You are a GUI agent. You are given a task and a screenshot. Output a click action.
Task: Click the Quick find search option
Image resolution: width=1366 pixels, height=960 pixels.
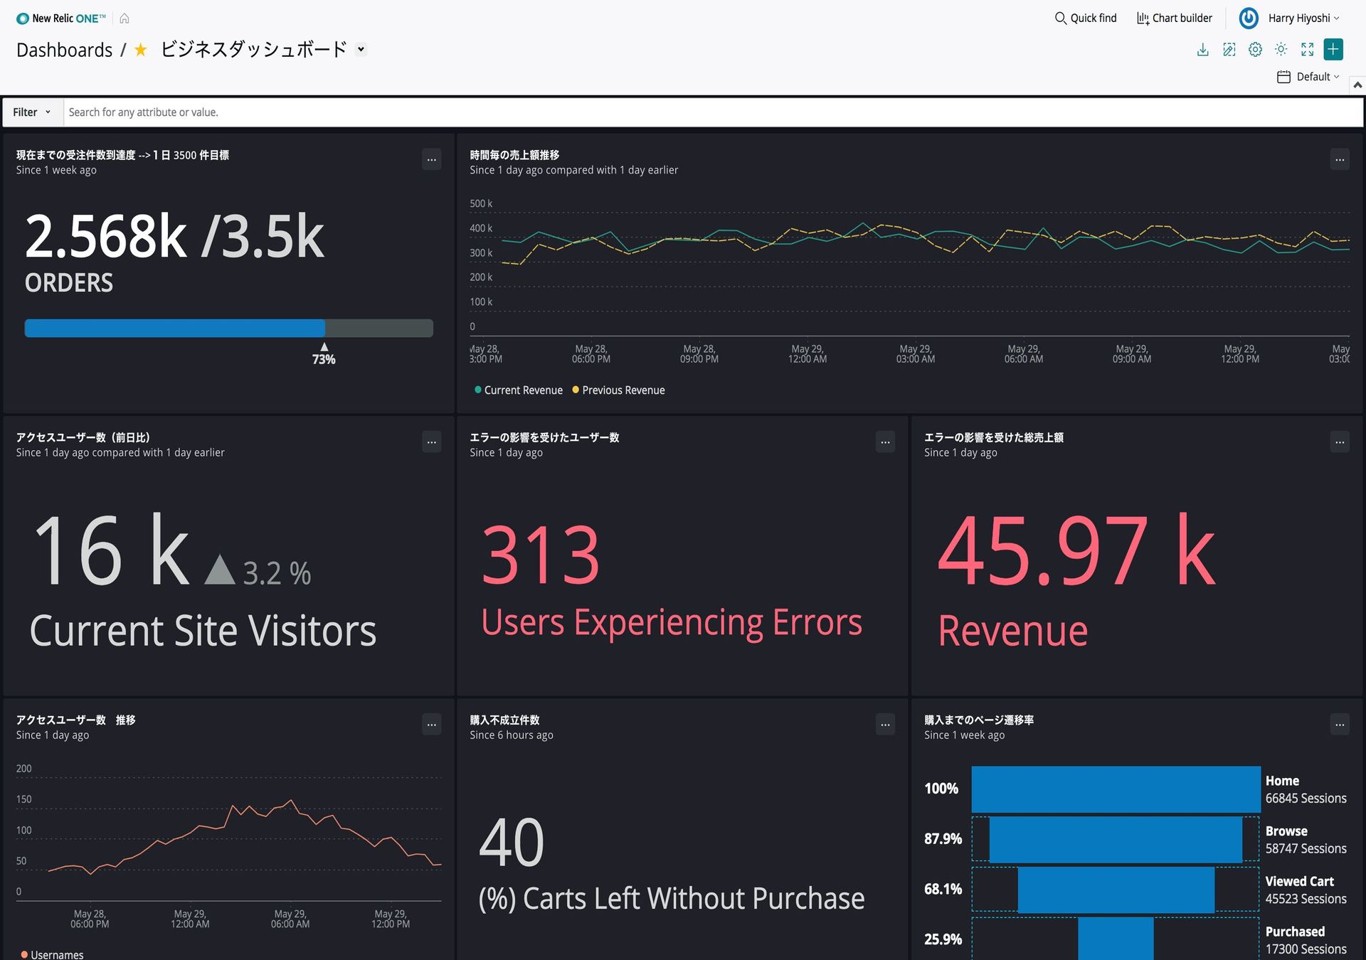coord(1086,18)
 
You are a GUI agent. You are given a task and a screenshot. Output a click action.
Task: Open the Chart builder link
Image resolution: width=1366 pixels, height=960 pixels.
coord(1175,18)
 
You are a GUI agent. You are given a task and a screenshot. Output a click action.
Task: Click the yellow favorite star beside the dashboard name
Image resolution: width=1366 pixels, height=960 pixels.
coord(141,50)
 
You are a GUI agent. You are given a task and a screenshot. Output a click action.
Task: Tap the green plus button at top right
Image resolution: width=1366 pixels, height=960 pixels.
coord(1333,49)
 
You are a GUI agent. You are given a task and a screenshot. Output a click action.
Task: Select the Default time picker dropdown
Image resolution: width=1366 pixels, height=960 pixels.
coord(1308,77)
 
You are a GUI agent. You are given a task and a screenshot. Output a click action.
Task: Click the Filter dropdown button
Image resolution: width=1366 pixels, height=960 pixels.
coord(32,112)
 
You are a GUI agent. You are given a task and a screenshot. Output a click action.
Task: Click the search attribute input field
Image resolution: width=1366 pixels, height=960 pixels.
coord(711,112)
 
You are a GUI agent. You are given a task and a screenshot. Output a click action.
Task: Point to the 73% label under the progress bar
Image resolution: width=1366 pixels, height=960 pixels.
coord(324,359)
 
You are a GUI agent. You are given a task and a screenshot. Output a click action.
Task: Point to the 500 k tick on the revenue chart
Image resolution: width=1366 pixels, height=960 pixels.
coord(481,204)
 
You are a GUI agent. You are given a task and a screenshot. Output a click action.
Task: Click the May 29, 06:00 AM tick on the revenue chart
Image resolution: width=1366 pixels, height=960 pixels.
coord(1023,354)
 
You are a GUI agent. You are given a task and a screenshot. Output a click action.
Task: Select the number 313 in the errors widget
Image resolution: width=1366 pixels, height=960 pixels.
coord(541,555)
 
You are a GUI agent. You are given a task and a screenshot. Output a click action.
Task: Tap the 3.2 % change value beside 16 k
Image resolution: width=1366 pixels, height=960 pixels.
coord(277,573)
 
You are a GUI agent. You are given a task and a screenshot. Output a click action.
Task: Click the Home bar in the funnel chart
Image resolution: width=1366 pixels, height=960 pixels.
coord(1116,789)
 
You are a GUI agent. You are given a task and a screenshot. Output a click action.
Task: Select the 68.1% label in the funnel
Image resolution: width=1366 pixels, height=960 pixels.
coord(943,890)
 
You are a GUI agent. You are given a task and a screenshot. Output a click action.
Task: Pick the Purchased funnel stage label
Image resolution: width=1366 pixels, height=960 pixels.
coord(1294,932)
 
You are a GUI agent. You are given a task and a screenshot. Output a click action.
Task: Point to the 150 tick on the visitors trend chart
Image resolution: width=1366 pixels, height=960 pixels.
coord(24,799)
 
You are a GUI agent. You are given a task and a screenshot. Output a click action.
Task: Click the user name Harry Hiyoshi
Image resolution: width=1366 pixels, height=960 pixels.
coord(1298,18)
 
